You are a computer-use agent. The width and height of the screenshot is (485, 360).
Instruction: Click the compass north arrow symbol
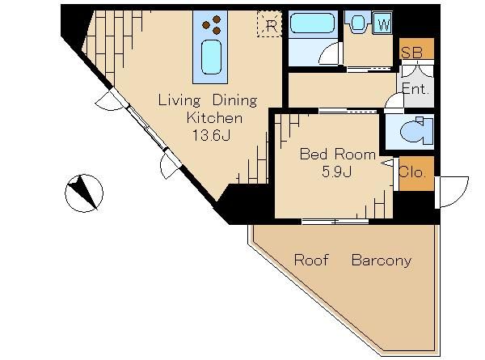click(84, 193)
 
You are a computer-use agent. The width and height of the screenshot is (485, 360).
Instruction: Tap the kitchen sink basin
click(211, 57)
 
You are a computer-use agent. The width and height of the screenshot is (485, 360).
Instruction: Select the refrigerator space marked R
click(270, 24)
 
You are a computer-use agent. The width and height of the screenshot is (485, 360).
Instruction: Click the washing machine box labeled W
click(383, 23)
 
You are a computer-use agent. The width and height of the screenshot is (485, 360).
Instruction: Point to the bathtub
click(313, 23)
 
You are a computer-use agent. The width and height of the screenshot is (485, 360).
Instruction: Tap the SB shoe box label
click(412, 52)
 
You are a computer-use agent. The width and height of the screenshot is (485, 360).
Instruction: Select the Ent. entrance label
click(415, 90)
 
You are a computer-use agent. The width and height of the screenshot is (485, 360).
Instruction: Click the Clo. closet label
click(412, 172)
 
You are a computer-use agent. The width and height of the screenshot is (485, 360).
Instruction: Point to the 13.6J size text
click(211, 135)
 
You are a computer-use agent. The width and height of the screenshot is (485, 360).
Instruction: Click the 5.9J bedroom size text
click(336, 172)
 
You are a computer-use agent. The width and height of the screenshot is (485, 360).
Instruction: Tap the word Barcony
click(382, 260)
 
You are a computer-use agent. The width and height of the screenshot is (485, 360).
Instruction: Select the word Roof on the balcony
click(311, 260)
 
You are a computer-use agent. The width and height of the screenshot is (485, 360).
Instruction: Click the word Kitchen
click(214, 117)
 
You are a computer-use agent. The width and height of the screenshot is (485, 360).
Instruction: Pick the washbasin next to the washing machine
click(358, 23)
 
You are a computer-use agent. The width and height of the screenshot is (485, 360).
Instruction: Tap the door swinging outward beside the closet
click(452, 192)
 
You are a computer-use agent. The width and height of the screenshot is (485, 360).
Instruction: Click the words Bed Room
click(337, 154)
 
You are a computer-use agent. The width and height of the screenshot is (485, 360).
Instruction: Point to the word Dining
click(234, 101)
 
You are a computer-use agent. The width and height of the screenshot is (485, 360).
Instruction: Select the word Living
click(179, 101)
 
